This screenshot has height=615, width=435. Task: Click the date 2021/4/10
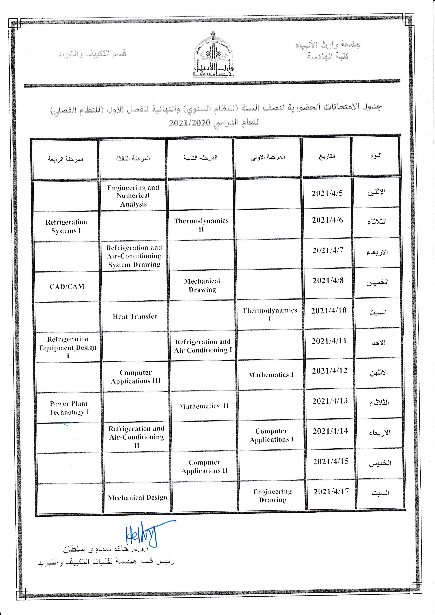[329, 311]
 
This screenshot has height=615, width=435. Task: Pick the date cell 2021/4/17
[331, 492]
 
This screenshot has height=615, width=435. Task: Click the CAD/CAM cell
[67, 287]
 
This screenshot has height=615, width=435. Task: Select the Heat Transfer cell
[135, 316]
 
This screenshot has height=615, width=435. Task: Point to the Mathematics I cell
[271, 375]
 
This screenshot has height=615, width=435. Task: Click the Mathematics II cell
[204, 406]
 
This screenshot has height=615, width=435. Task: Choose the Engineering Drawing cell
[272, 496]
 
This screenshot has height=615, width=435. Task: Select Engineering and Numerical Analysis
[133, 196]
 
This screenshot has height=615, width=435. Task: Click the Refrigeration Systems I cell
[66, 226]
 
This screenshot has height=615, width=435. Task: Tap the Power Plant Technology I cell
[69, 408]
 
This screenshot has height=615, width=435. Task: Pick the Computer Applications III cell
[136, 377]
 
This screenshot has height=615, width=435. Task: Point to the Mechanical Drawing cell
[202, 285]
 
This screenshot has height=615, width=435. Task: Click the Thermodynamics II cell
[201, 225]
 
